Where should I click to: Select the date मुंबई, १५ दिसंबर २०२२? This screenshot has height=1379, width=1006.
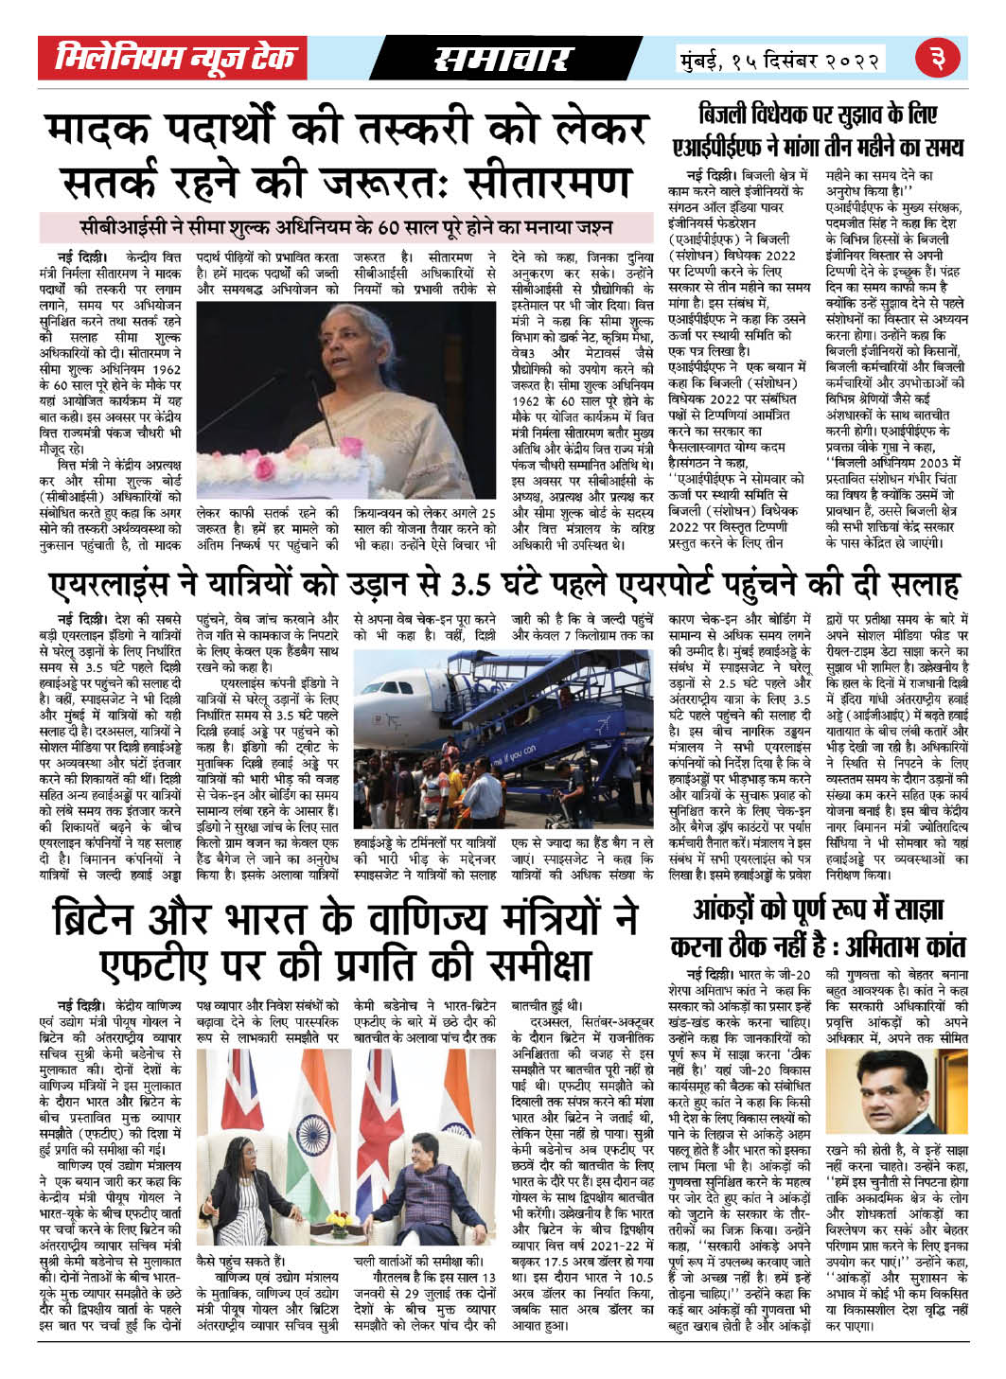(781, 61)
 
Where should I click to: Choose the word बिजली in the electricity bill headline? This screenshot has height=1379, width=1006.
(732, 116)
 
